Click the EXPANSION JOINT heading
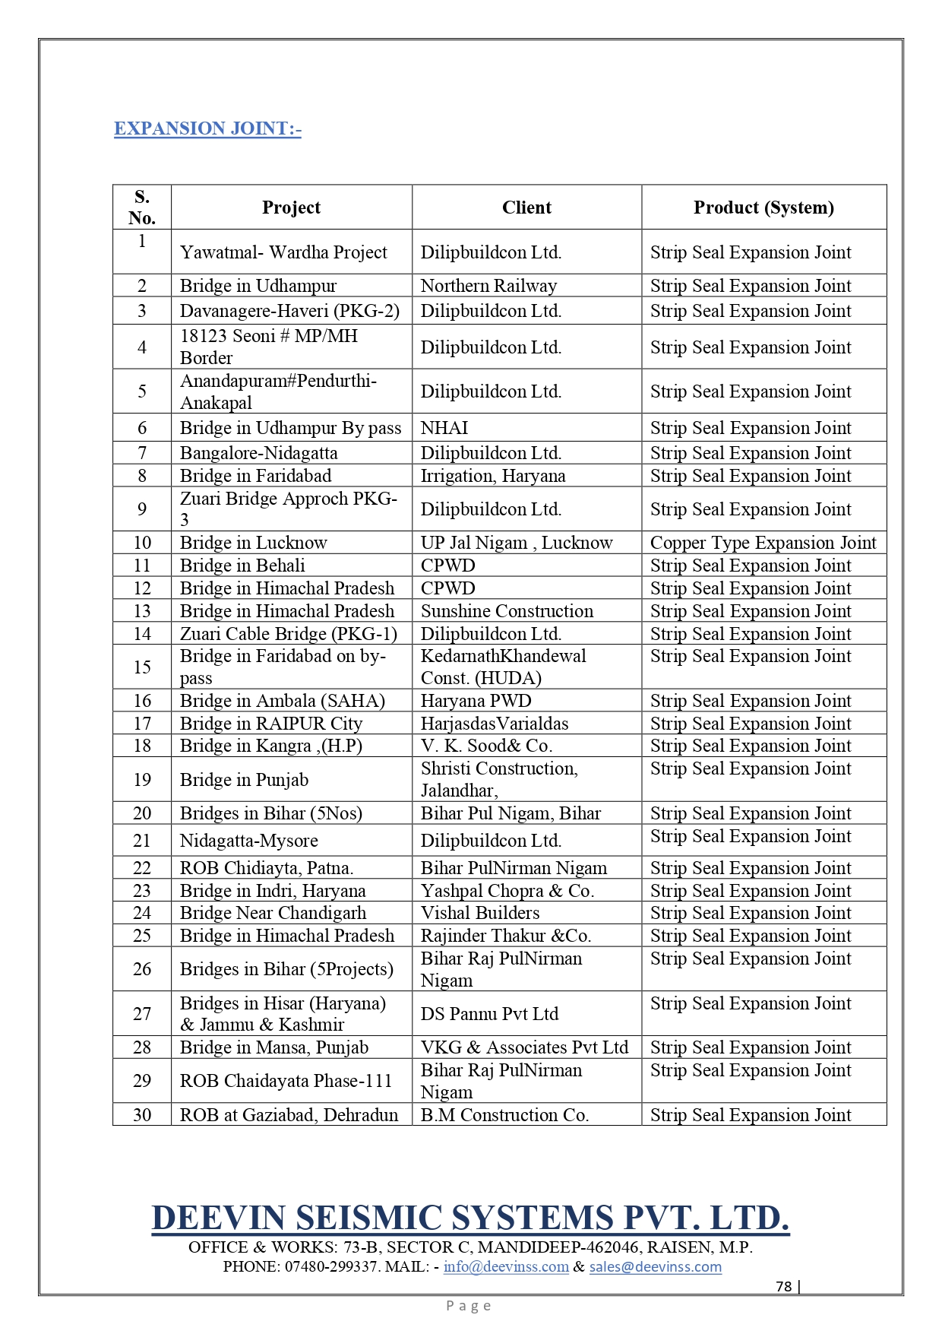[x=207, y=128]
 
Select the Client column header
[x=526, y=208]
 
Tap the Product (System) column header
[x=763, y=208]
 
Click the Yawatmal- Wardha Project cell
[x=283, y=252]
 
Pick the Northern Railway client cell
[x=488, y=286]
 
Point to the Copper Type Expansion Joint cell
[x=763, y=543]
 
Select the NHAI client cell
[x=444, y=428]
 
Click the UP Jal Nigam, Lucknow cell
[x=517, y=543]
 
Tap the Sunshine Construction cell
[x=507, y=611]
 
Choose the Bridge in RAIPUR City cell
[x=271, y=724]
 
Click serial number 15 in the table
[x=142, y=667]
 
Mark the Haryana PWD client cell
[x=476, y=701]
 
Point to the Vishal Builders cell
[x=480, y=913]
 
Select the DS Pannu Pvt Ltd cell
[x=489, y=1014]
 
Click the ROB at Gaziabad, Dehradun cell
[x=289, y=1115]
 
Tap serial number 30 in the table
[x=142, y=1115]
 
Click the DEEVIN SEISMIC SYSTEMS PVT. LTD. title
[x=470, y=1218]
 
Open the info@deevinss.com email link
[x=506, y=1267]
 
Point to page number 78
[x=784, y=1286]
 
